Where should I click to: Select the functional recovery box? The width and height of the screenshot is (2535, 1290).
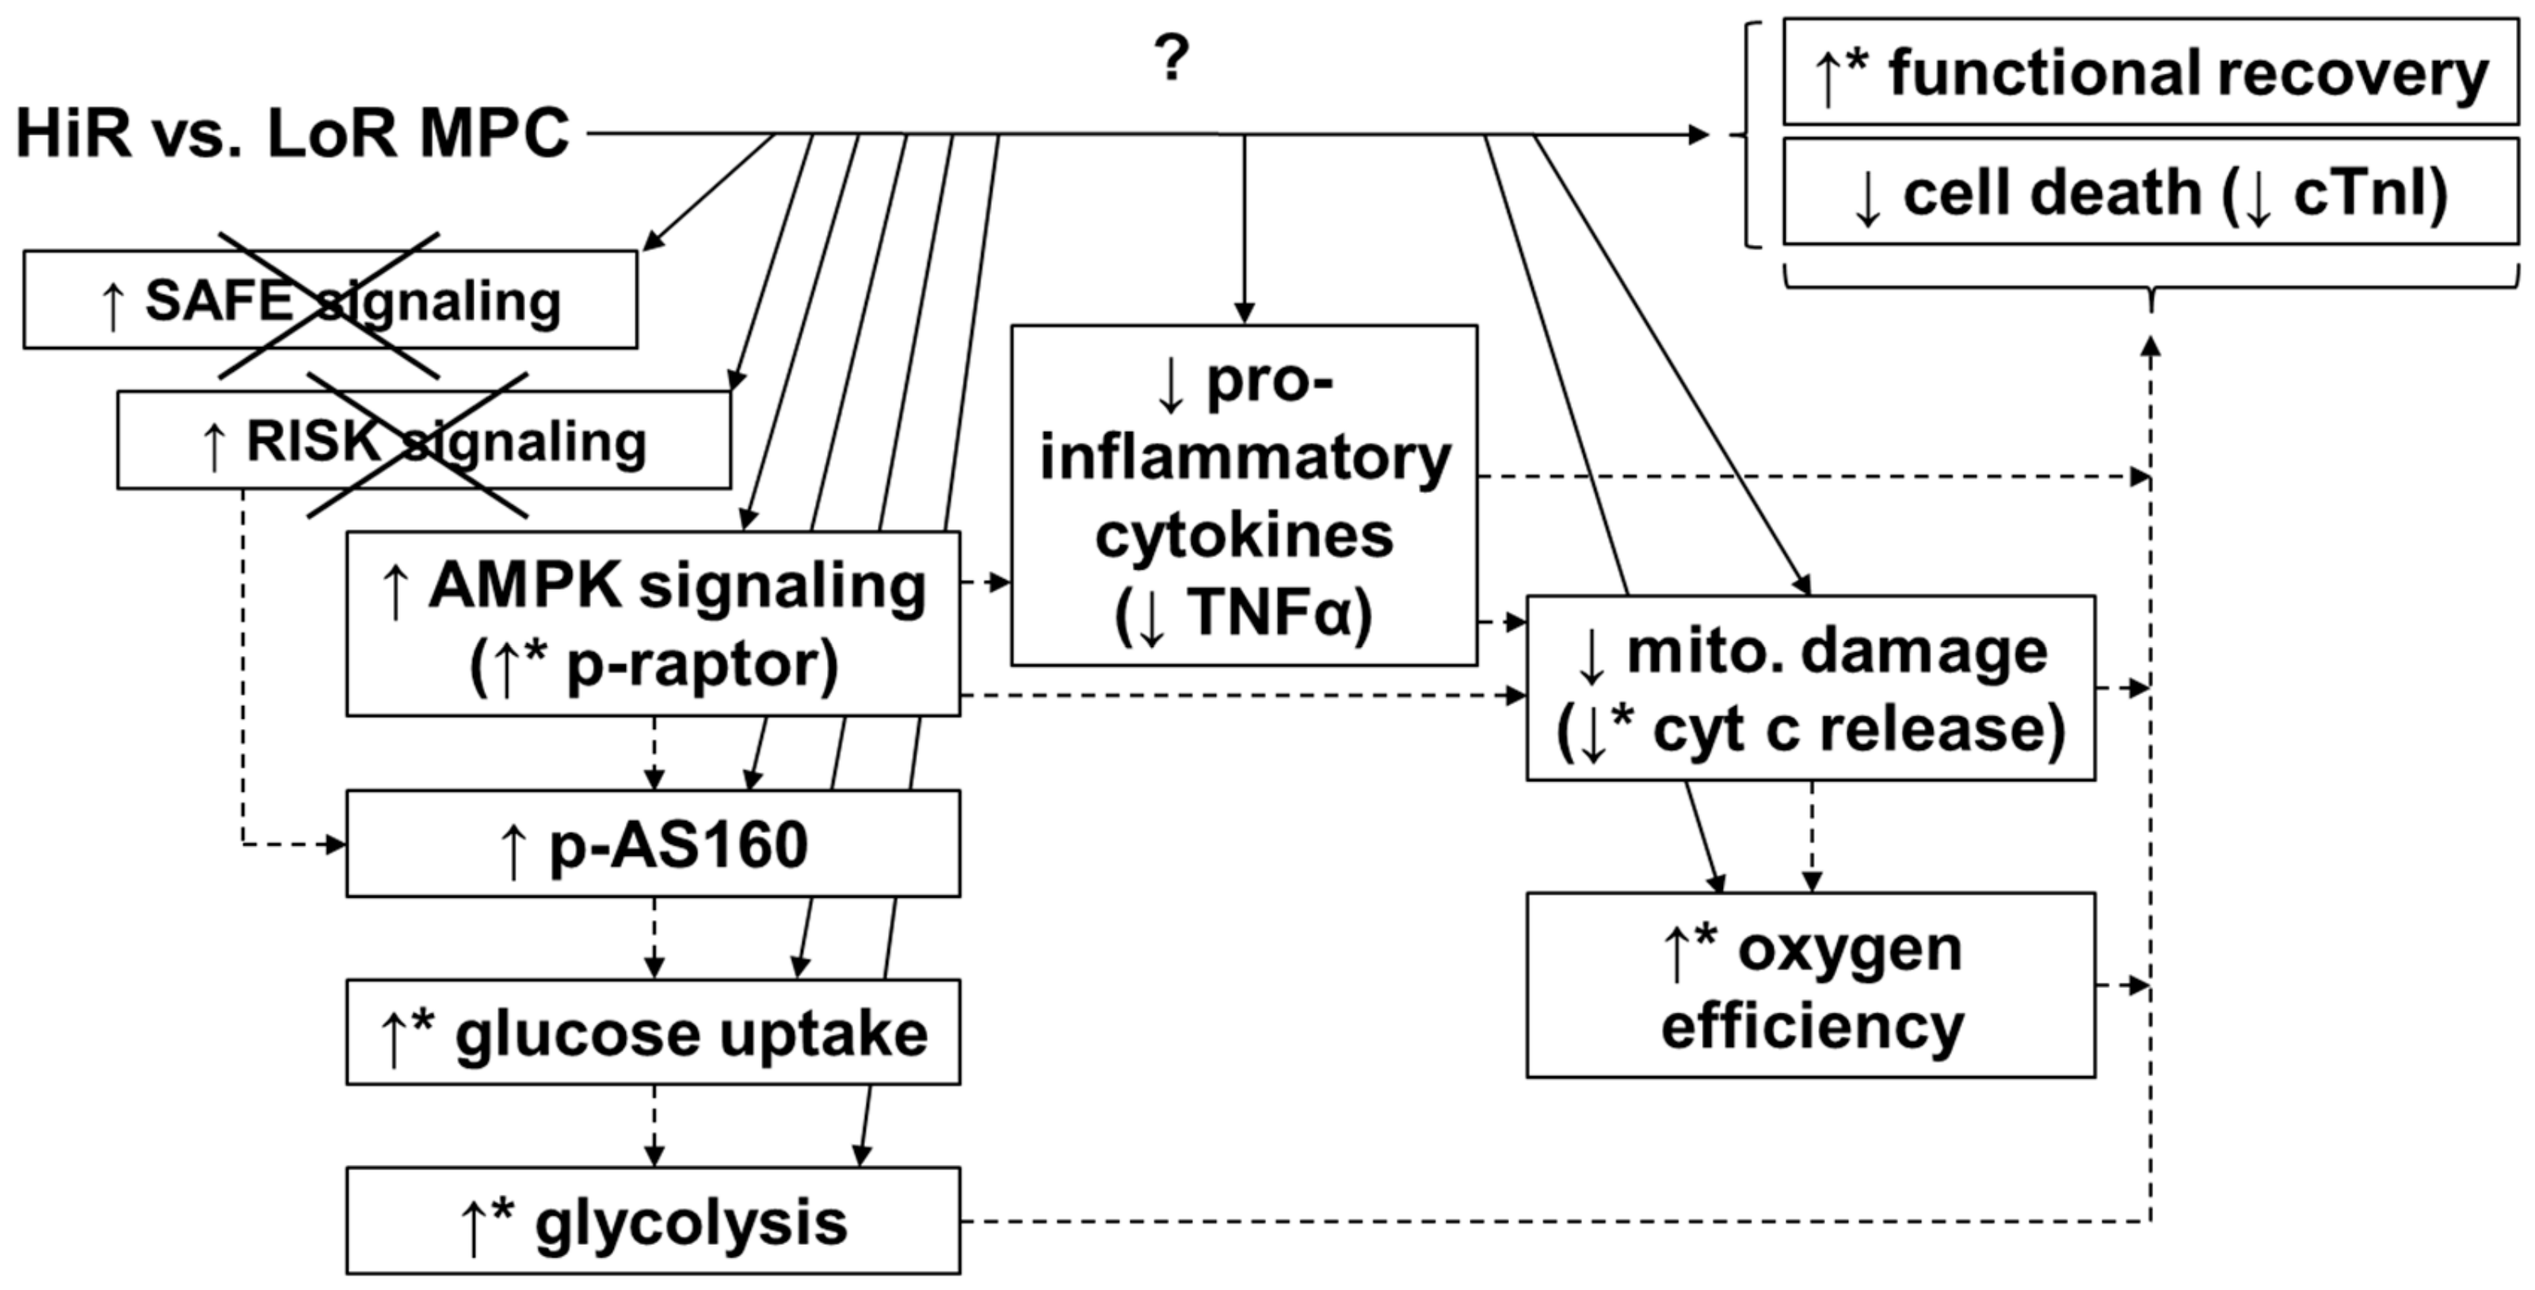(2150, 72)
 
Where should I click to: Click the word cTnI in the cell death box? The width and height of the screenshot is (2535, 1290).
(2369, 193)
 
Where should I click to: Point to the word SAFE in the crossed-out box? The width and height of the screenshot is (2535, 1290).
(219, 300)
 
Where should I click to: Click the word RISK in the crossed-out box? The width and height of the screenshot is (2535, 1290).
(313, 440)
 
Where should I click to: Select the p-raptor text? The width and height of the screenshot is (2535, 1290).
(700, 665)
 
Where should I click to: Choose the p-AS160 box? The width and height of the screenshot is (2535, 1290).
(653, 844)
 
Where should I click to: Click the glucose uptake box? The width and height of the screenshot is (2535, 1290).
(653, 1033)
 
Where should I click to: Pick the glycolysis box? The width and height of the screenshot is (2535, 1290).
(653, 1222)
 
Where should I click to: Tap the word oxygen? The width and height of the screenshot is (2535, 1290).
(1849, 951)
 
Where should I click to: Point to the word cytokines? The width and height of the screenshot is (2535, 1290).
(1244, 536)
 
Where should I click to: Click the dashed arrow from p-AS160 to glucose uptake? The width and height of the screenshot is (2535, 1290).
(654, 937)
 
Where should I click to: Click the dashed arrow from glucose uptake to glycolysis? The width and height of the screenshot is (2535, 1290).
(654, 1126)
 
